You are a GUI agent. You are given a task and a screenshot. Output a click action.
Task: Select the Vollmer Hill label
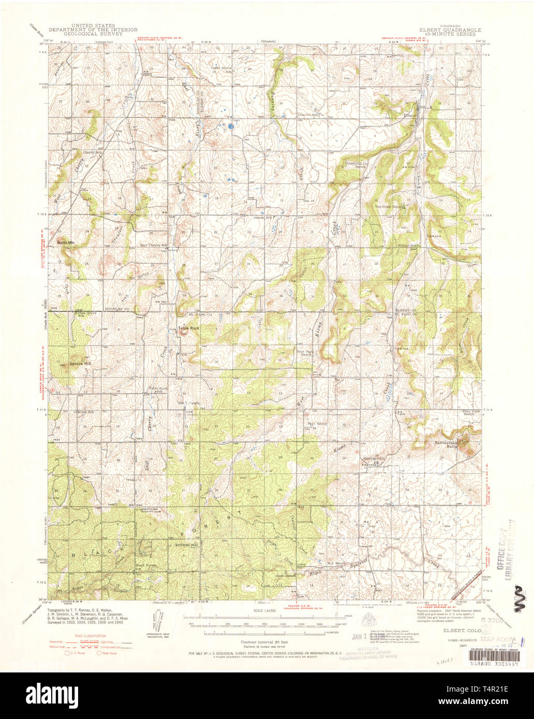(x=187, y=545)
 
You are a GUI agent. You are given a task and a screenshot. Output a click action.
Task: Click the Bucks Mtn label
(x=67, y=242)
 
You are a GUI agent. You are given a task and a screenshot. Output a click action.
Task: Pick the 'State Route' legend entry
(x=109, y=653)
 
